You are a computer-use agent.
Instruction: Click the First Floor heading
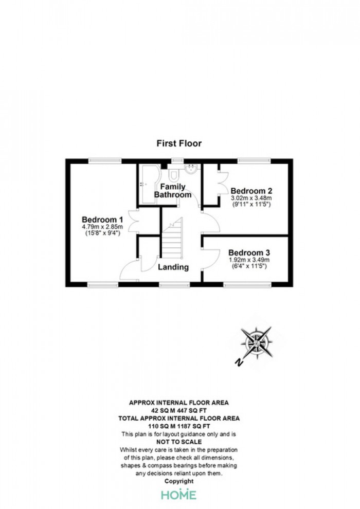[x=179, y=143]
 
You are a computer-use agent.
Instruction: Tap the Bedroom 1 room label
[x=102, y=220]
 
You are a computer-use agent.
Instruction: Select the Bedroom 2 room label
[x=251, y=191]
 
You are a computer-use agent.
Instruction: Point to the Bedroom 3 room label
[x=249, y=252]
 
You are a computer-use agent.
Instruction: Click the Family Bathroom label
[x=173, y=191]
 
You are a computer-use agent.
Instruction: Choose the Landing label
[x=173, y=267]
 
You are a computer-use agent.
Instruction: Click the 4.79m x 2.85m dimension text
[x=102, y=227]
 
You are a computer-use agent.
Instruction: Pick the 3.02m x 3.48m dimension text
[x=251, y=198]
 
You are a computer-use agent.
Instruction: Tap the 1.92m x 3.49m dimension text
[x=249, y=260]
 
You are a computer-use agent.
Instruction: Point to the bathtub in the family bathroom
[x=149, y=184]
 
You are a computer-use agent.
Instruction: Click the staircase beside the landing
[x=172, y=238]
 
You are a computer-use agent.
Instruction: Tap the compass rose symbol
[x=256, y=343]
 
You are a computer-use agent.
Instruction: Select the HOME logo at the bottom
[x=179, y=495]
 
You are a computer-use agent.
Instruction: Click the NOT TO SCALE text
[x=179, y=442]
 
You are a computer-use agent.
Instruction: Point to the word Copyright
[x=179, y=481]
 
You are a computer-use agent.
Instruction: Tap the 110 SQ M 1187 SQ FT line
[x=179, y=426]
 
